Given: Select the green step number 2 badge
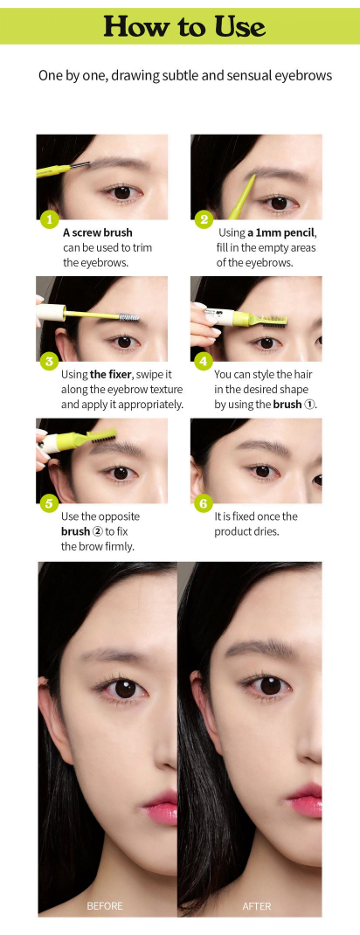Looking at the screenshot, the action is [x=204, y=219].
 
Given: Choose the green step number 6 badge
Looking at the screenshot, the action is [x=204, y=503].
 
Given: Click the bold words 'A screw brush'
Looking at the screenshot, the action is [x=98, y=232].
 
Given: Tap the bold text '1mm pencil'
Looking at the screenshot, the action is [x=290, y=232].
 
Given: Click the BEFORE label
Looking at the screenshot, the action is [x=104, y=906].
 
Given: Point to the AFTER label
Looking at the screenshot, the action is [x=257, y=906].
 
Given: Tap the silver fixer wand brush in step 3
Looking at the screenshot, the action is [x=128, y=317].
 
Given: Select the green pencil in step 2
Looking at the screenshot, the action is [x=243, y=197].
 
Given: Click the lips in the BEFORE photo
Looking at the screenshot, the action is [x=162, y=807].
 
